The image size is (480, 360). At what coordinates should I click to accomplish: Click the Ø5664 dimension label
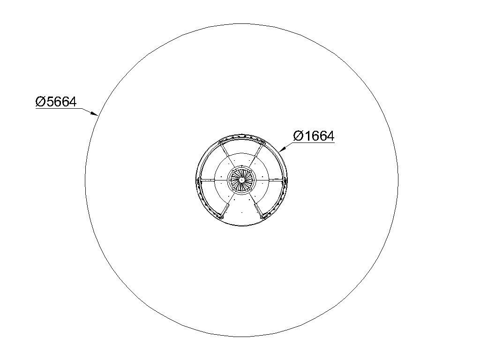56,102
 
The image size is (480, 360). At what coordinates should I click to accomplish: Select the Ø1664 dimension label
314,136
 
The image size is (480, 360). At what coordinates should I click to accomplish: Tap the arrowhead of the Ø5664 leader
94,113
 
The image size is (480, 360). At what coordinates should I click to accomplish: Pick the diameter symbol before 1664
298,136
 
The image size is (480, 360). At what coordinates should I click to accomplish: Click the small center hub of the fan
241,180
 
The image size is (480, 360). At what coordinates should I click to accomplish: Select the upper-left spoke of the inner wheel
227,156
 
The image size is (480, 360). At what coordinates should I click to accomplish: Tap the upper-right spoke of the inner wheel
256,156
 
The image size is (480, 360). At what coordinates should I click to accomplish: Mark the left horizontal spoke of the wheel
214,180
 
